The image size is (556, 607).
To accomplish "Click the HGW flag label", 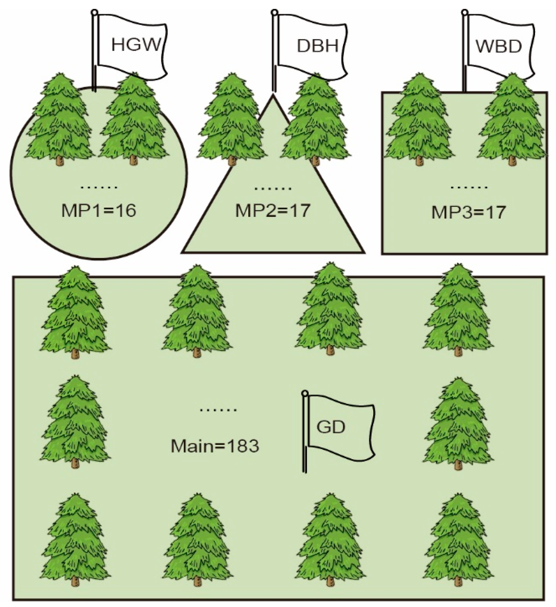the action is tap(136, 45).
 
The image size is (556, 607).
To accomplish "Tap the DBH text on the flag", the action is tap(317, 46).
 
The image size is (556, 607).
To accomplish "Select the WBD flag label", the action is tap(499, 47).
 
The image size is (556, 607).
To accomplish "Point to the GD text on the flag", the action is tap(331, 427).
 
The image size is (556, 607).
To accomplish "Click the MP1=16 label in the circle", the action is tap(99, 211).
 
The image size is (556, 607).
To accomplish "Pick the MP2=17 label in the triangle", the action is tap(273, 211).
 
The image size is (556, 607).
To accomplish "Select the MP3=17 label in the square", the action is tap(468, 212).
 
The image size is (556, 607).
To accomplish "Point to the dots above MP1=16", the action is tap(99, 187).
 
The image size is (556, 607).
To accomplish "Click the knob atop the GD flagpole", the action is tap(305, 393).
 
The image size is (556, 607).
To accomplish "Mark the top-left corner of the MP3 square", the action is tap(382, 92).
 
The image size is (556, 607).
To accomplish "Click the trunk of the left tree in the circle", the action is tap(60, 161).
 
